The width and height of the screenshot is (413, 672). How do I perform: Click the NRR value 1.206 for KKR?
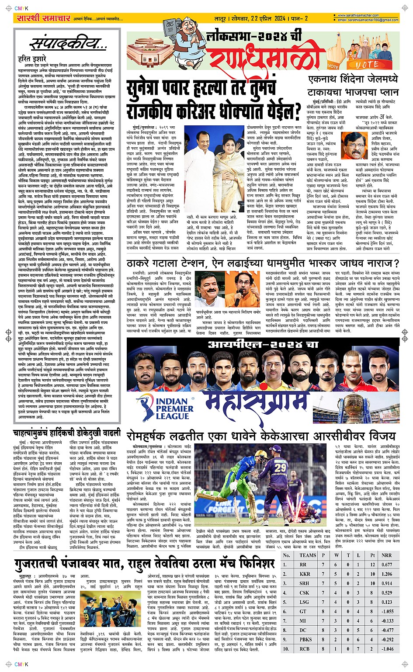click(387, 574)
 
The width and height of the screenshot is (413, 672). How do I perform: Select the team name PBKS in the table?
click(305, 639)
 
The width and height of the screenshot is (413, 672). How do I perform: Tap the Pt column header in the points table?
click(372, 555)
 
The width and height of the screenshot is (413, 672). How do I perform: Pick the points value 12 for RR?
click(372, 565)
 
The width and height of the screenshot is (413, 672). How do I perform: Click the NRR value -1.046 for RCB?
click(387, 649)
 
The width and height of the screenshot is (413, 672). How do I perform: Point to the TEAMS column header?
click(308, 555)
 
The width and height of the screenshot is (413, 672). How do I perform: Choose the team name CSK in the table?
click(304, 592)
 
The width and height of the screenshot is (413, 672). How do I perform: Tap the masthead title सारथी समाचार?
click(43, 18)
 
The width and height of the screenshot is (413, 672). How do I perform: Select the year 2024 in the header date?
click(280, 18)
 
